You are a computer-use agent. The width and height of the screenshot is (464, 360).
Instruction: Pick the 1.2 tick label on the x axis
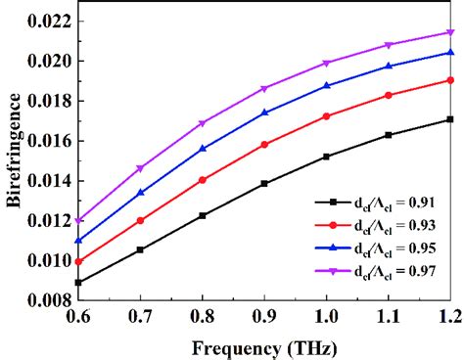point(449,320)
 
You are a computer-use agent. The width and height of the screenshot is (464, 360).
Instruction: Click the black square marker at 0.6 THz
point(79,283)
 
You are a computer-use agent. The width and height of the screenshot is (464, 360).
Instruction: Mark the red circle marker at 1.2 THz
point(450,80)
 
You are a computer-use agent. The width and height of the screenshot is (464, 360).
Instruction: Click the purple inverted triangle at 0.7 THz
point(140,169)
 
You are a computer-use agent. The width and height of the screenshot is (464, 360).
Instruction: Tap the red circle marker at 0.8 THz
point(203,180)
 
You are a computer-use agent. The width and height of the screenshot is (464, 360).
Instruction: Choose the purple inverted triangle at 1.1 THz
point(389,46)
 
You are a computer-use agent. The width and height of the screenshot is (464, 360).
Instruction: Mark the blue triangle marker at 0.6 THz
point(79,240)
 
